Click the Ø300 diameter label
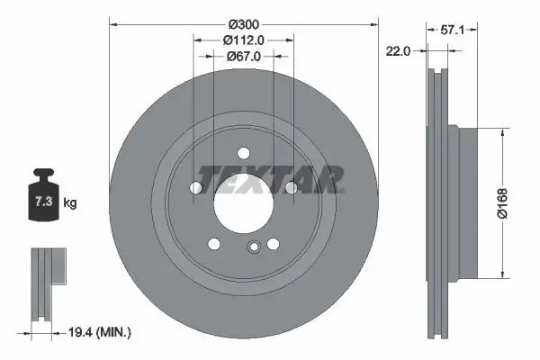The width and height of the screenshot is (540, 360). pyautogui.click(x=243, y=22)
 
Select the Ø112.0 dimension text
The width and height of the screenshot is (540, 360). pyautogui.click(x=243, y=39)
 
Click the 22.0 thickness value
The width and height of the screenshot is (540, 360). pyautogui.click(x=397, y=51)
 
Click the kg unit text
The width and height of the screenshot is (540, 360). pyautogui.click(x=70, y=203)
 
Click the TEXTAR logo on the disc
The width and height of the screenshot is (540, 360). pyautogui.click(x=271, y=179)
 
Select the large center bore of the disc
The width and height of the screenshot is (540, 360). pyautogui.click(x=243, y=203)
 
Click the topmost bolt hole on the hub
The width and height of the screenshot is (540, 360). pyautogui.click(x=243, y=156)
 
